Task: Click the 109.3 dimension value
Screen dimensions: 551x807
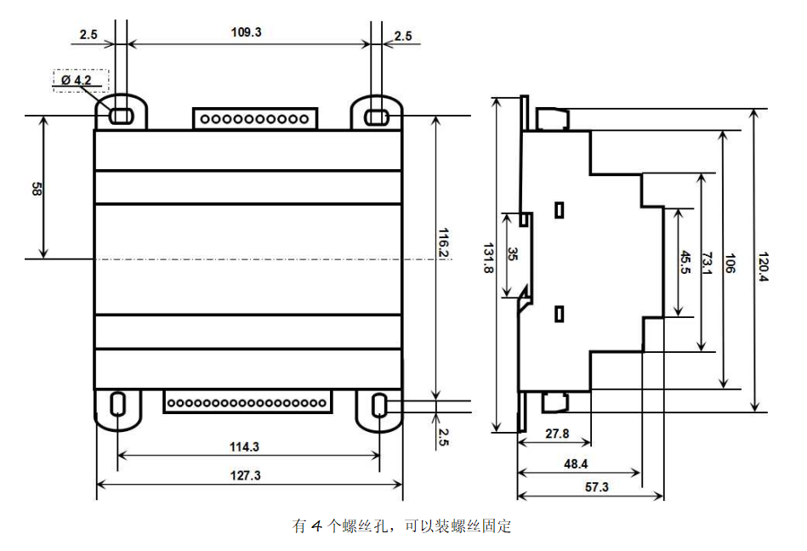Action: pyautogui.click(x=247, y=32)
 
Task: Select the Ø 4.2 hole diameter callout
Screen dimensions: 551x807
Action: pyautogui.click(x=82, y=80)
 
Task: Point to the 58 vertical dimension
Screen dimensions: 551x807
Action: pyautogui.click(x=36, y=188)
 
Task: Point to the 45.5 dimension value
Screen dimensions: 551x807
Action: pyautogui.click(x=685, y=262)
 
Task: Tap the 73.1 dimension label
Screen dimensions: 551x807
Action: pyautogui.click(x=708, y=262)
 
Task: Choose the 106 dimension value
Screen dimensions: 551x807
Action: pyautogui.click(x=730, y=262)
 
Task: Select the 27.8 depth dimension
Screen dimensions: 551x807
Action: pyautogui.click(x=556, y=434)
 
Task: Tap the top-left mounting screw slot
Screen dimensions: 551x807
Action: pyautogui.click(x=121, y=114)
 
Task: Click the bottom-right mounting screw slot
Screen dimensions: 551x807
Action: pyautogui.click(x=380, y=405)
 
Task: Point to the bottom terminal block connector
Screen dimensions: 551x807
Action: pyautogui.click(x=247, y=400)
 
